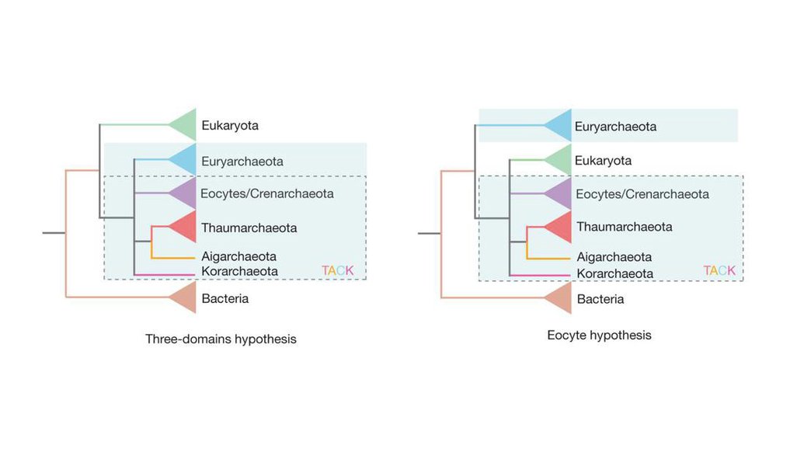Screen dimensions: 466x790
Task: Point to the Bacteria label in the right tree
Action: (600, 299)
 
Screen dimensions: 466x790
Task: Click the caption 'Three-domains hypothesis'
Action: (221, 339)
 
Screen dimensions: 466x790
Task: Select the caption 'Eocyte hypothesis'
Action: (599, 336)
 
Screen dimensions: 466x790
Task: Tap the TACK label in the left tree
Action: (337, 270)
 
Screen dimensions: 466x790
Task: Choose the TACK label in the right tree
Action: (719, 270)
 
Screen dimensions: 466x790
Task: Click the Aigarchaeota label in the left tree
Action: (238, 256)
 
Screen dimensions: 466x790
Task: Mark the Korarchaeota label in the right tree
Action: (614, 274)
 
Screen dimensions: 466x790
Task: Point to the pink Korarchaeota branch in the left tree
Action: (164, 274)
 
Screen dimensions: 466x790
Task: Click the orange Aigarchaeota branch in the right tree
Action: (548, 258)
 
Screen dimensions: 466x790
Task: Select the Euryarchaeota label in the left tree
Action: (242, 162)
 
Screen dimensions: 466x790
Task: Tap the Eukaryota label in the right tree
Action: (603, 161)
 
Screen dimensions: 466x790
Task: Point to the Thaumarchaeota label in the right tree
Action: (624, 227)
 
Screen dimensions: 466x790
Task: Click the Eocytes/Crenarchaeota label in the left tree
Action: (266, 193)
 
